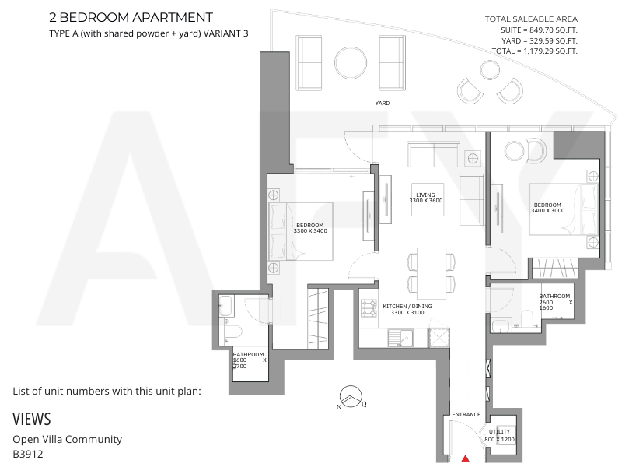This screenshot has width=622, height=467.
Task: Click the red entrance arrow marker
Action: click(466, 458)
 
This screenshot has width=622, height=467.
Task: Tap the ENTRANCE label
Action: click(466, 414)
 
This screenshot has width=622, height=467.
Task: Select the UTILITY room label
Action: click(499, 431)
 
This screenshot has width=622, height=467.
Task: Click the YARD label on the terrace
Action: click(383, 103)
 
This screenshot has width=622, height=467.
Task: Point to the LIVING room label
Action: click(425, 195)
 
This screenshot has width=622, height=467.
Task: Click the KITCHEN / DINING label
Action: click(407, 306)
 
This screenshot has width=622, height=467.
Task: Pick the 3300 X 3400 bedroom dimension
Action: click(310, 230)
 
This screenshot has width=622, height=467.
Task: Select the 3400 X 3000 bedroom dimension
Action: click(548, 210)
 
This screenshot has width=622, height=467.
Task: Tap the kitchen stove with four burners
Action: click(369, 308)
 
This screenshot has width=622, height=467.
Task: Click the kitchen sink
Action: click(400, 339)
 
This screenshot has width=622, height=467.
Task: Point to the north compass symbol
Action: click(351, 397)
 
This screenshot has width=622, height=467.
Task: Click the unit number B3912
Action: click(28, 454)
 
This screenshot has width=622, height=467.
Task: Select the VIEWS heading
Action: click(32, 420)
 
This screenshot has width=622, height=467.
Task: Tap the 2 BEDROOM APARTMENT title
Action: click(131, 17)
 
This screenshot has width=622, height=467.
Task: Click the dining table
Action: click(432, 273)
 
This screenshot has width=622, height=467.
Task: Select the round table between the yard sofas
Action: click(351, 63)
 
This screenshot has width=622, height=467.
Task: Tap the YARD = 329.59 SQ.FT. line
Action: click(539, 40)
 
